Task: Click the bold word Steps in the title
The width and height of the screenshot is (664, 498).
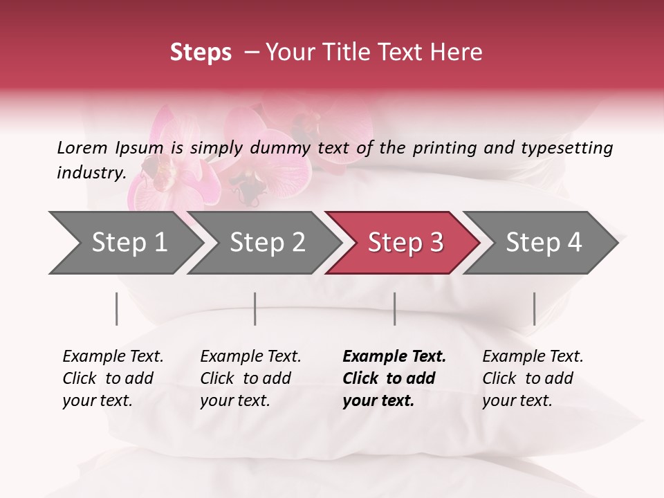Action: coord(201,53)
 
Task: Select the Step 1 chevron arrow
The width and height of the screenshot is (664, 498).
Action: coord(124,243)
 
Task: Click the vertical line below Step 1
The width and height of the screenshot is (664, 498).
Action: coord(117,308)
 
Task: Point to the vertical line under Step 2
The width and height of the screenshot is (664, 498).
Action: coord(255,308)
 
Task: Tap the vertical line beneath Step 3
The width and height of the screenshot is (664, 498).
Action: coord(395,308)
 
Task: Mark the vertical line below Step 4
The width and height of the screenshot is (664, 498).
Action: coord(535,308)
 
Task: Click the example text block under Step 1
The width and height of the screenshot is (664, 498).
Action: coord(113,378)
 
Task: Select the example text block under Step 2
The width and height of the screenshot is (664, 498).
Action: coord(250,378)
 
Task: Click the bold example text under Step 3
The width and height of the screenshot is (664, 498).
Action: coord(394,378)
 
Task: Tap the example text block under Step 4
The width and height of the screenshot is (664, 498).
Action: coord(533,378)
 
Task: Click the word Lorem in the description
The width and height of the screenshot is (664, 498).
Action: coord(82,147)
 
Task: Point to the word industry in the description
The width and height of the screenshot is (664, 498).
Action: coord(91,173)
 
